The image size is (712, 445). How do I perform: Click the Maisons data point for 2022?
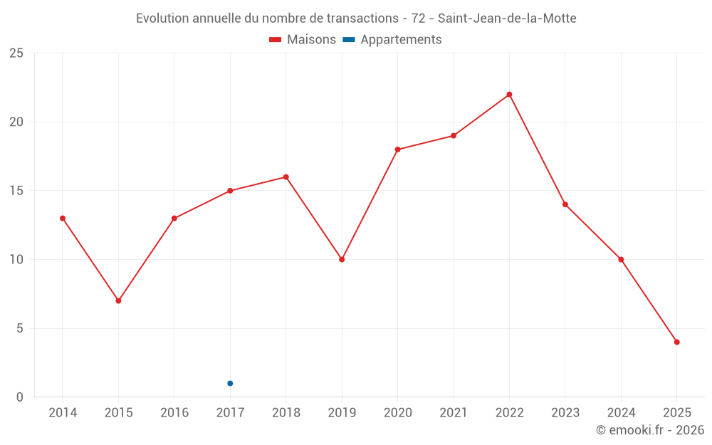click(x=509, y=95)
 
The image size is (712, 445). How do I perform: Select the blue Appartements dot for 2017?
click(x=230, y=383)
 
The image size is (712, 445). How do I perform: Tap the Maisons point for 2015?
click(x=118, y=300)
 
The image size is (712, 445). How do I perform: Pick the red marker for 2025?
click(x=676, y=342)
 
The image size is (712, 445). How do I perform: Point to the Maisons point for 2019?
click(x=342, y=259)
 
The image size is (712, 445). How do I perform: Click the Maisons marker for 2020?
click(x=397, y=150)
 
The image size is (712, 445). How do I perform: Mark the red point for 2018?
click(x=286, y=177)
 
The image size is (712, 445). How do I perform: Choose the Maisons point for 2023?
click(x=565, y=204)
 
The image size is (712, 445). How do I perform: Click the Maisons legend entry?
click(x=303, y=40)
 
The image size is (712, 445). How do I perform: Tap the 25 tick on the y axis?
click(x=16, y=53)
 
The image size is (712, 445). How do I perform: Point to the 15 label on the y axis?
click(x=16, y=191)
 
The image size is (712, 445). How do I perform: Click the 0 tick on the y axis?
click(x=20, y=397)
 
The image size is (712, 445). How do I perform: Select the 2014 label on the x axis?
click(x=63, y=413)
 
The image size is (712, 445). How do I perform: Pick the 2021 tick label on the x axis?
click(x=454, y=413)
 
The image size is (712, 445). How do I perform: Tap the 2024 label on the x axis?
click(x=621, y=413)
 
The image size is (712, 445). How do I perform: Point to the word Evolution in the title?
click(x=162, y=18)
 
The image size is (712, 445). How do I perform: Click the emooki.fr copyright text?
click(x=650, y=430)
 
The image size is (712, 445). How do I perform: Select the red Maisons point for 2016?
click(x=174, y=218)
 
